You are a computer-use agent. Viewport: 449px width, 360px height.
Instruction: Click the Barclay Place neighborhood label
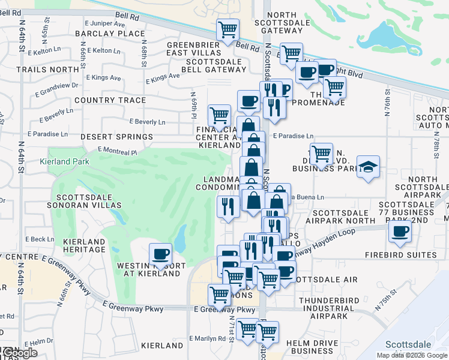click(x=111, y=34)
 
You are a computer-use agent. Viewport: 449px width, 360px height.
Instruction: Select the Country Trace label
click(x=110, y=100)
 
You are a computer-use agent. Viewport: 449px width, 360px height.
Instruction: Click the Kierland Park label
click(x=64, y=161)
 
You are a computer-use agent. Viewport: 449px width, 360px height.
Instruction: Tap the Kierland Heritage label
click(x=84, y=245)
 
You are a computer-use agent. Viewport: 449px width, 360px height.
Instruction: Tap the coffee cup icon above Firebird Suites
click(x=400, y=231)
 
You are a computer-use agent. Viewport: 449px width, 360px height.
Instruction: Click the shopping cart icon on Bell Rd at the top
click(x=228, y=29)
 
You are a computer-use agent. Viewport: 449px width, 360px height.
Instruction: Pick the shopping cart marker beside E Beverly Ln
click(x=219, y=114)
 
